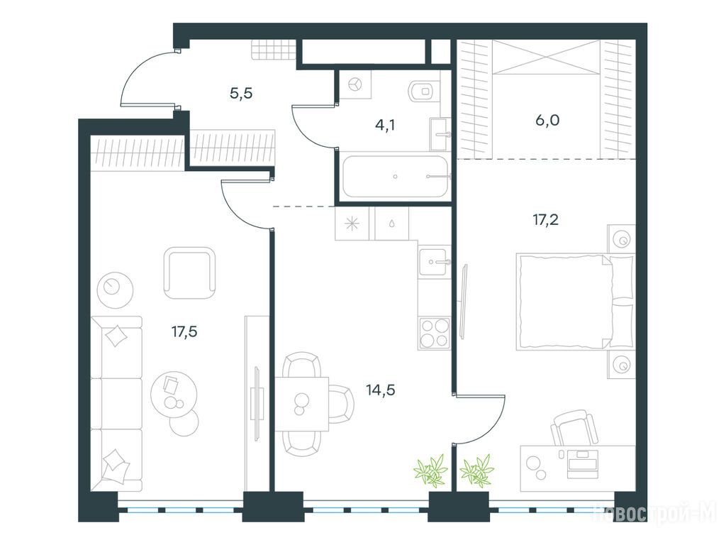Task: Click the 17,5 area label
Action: point(184,332)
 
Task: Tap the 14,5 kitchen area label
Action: point(380,390)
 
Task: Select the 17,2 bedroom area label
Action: point(545,219)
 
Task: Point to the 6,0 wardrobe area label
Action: point(547,121)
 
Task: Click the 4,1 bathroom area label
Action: point(385,125)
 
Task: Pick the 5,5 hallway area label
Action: point(241,94)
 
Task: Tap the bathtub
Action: point(396,176)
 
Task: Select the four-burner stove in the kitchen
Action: point(435,334)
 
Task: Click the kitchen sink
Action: point(435,263)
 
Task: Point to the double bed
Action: point(574,301)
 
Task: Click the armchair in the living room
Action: point(190,273)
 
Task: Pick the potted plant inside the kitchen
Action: point(431,471)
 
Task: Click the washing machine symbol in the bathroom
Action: point(355,84)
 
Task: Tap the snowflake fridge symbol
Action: point(352,224)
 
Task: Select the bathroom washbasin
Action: point(440,134)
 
